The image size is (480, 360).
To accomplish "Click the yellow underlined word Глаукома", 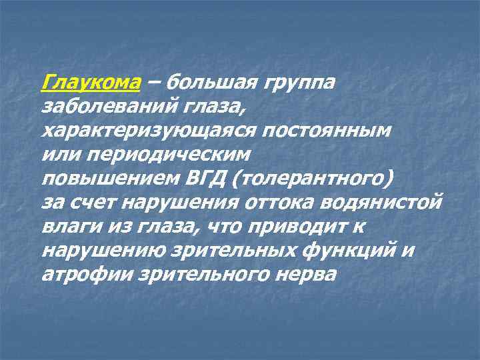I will coord(91,83).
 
